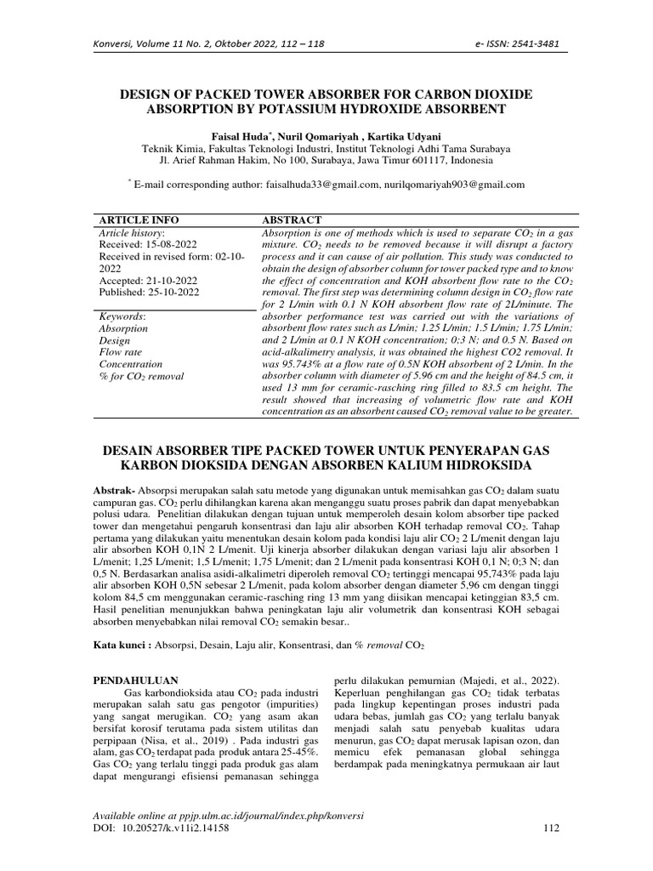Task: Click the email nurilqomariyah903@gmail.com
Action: (x=454, y=184)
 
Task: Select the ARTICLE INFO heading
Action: (x=139, y=219)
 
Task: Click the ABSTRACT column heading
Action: (x=292, y=219)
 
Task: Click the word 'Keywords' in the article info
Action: (x=122, y=316)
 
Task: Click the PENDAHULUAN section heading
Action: (x=133, y=680)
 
